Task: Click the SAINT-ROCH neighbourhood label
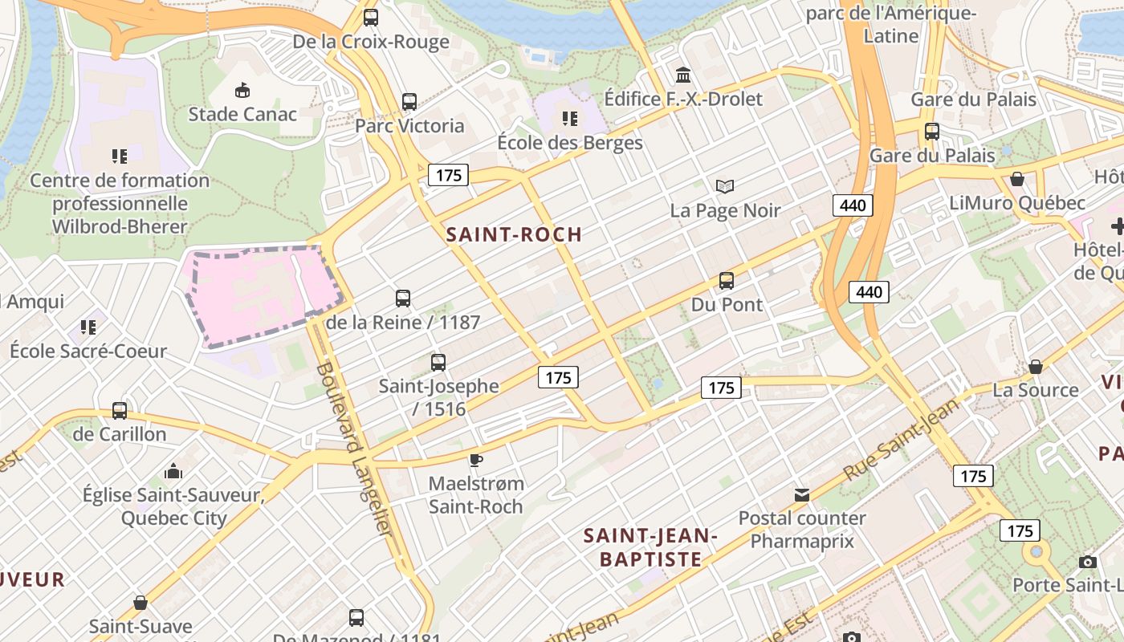513,234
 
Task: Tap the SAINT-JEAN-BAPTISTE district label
650,547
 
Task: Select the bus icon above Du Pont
727,281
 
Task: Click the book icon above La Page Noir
725,186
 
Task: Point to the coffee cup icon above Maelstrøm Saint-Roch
475,460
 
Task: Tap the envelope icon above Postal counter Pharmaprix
801,494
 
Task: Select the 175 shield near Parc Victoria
447,175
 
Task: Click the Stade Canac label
242,114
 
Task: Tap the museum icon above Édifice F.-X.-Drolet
683,75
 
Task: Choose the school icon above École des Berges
570,119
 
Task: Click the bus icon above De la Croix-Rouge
370,17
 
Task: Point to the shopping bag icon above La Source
1036,366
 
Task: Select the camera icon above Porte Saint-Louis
1088,562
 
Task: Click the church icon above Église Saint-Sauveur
173,471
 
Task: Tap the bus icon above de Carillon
120,410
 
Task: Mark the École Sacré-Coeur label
88,351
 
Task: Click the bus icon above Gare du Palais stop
932,131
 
